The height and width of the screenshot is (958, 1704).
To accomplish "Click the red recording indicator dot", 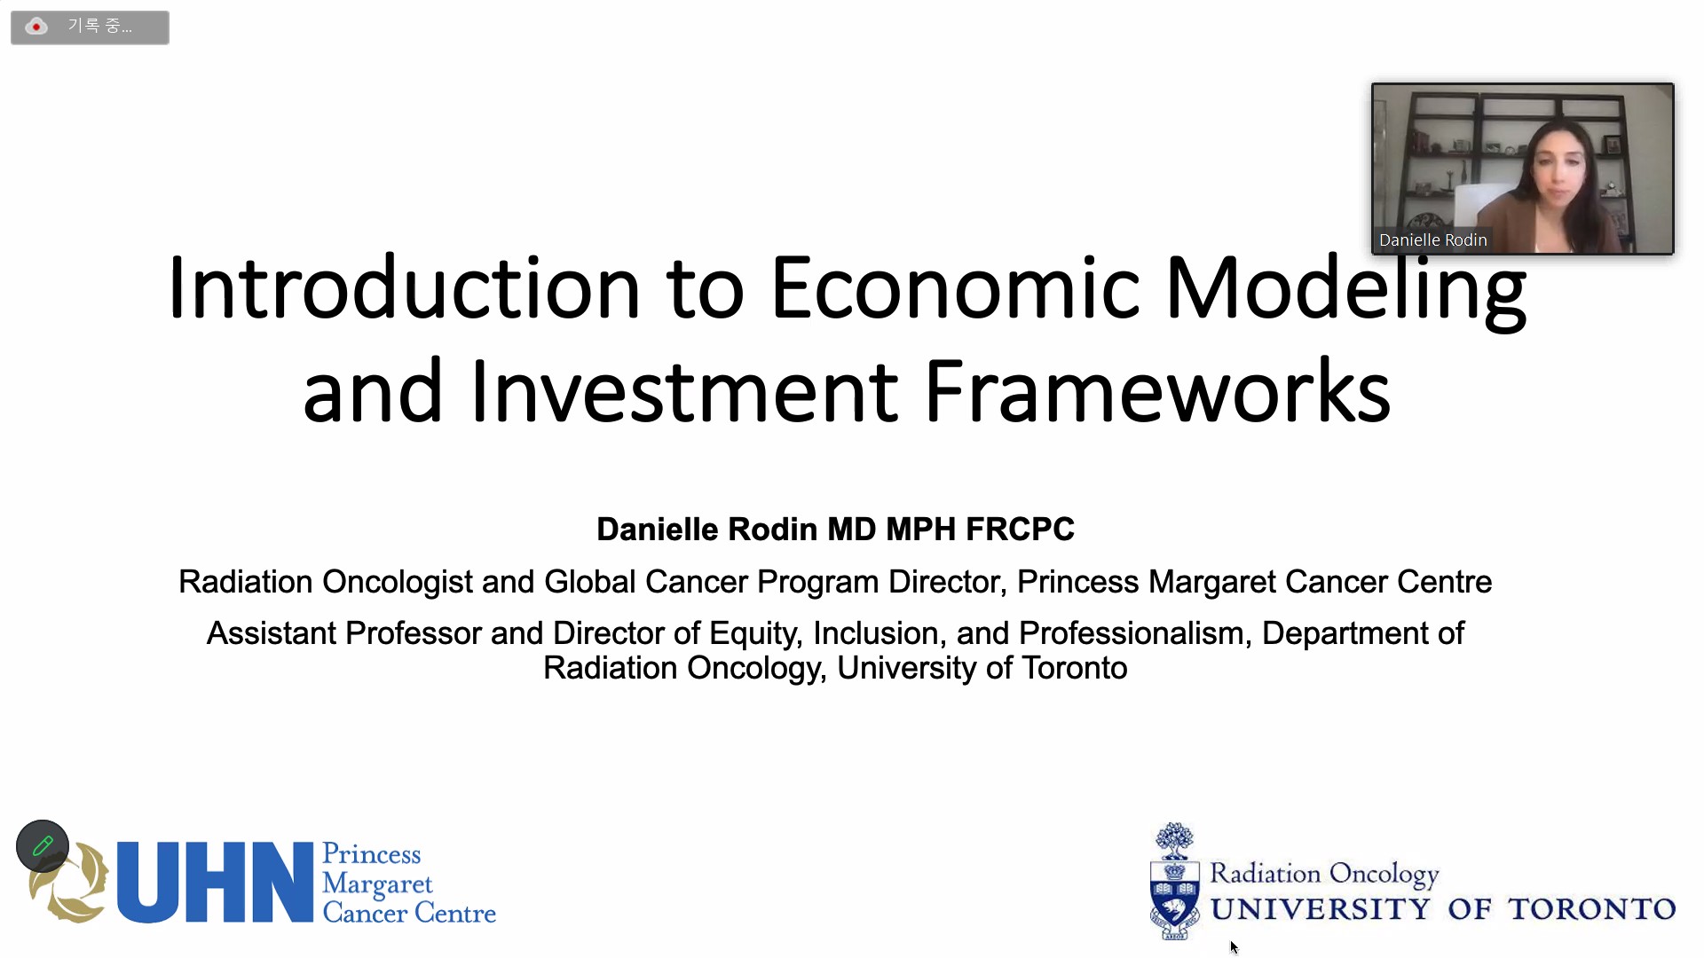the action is pyautogui.click(x=36, y=27).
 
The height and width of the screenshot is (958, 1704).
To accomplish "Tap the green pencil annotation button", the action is pyautogui.click(x=43, y=846).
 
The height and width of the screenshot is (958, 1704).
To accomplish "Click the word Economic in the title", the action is pyautogui.click(x=955, y=287).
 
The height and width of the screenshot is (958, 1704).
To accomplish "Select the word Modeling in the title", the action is pyautogui.click(x=1345, y=292).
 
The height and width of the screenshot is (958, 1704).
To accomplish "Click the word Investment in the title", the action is pyautogui.click(x=684, y=391).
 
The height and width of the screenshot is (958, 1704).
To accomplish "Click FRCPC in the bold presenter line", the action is pyautogui.click(x=1020, y=529).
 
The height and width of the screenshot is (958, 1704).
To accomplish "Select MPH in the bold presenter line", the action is pyautogui.click(x=920, y=529).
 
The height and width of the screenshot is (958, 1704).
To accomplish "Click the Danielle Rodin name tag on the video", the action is pyautogui.click(x=1432, y=239).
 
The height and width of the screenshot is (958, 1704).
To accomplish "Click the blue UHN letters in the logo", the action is pyautogui.click(x=215, y=883).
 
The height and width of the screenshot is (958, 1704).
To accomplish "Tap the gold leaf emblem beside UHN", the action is pyautogui.click(x=67, y=883).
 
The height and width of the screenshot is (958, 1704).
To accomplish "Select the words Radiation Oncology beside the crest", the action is pyautogui.click(x=1324, y=874).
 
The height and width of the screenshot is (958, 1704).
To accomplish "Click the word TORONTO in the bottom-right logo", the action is pyautogui.click(x=1591, y=909).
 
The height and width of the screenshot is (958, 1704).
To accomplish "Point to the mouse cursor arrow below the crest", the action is pyautogui.click(x=1234, y=947).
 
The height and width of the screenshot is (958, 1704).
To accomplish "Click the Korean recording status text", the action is pyautogui.click(x=99, y=27).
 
